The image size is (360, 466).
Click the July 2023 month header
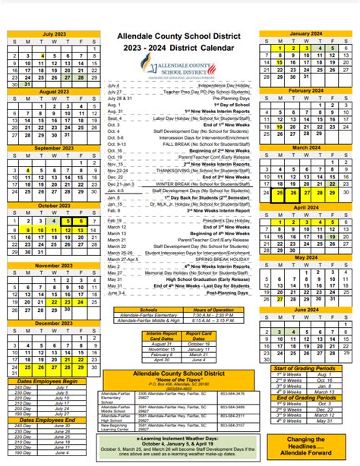click(53, 35)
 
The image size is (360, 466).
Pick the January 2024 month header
click(305, 35)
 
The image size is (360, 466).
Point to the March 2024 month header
click(305, 147)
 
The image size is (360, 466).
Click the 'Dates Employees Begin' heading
click(49, 380)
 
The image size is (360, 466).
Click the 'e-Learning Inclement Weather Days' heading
click(179, 439)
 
